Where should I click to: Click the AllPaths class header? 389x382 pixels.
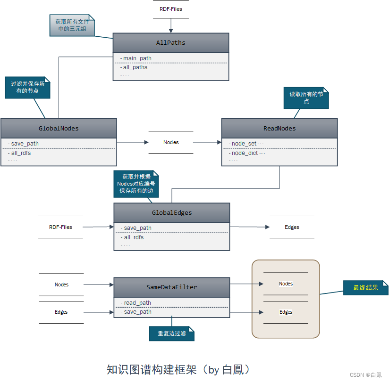(170, 43)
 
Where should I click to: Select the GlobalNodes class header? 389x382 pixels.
(59, 128)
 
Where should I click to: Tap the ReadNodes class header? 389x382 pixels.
(279, 128)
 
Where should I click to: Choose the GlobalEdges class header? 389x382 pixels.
(172, 213)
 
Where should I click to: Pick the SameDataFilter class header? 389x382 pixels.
(172, 287)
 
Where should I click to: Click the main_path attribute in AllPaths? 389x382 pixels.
(137, 58)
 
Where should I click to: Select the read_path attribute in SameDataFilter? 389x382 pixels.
(137, 302)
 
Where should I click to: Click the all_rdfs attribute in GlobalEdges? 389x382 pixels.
(134, 237)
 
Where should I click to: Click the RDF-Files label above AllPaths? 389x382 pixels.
(170, 9)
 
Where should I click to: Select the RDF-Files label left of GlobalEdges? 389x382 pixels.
(60, 227)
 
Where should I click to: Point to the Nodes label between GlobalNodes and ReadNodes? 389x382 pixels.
(171, 142)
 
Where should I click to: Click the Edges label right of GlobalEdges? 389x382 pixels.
(292, 227)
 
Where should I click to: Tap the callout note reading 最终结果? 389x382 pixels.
(366, 287)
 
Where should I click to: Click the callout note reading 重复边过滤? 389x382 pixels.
(172, 333)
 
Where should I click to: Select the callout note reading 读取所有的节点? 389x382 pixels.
(306, 98)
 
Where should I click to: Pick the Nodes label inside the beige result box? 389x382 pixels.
(286, 284)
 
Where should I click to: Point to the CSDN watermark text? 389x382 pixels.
(366, 375)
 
